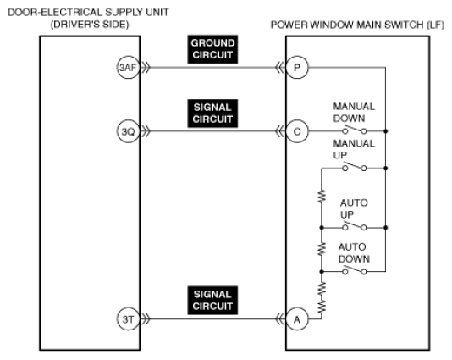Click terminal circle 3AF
(x=128, y=68)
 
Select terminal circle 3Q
(x=128, y=131)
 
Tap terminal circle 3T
(x=128, y=319)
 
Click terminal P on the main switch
(x=297, y=68)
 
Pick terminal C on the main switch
(x=297, y=131)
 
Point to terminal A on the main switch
(x=297, y=319)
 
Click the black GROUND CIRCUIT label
(x=212, y=49)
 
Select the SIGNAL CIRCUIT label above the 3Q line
(x=212, y=114)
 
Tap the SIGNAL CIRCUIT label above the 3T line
(x=212, y=301)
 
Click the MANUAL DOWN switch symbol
(x=355, y=130)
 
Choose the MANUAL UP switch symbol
(x=355, y=167)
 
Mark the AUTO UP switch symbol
(x=355, y=226)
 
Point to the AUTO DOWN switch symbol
(x=355, y=270)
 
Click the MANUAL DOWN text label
(x=354, y=113)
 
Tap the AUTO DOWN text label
(x=354, y=253)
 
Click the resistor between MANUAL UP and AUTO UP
(x=322, y=197)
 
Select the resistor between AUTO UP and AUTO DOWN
(x=322, y=249)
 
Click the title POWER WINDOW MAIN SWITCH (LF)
(x=357, y=25)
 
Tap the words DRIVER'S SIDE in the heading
(x=90, y=25)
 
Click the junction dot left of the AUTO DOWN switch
(x=322, y=272)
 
